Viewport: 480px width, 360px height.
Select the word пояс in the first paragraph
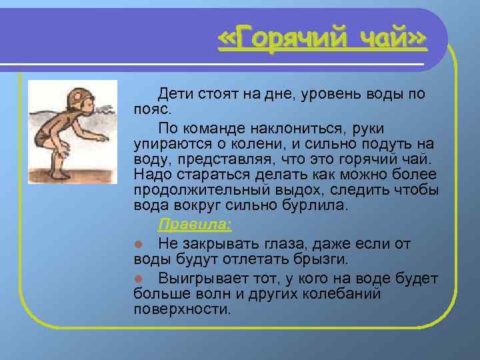tap(151, 109)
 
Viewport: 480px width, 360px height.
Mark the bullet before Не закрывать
tap(137, 244)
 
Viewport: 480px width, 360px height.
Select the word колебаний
tap(339, 294)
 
